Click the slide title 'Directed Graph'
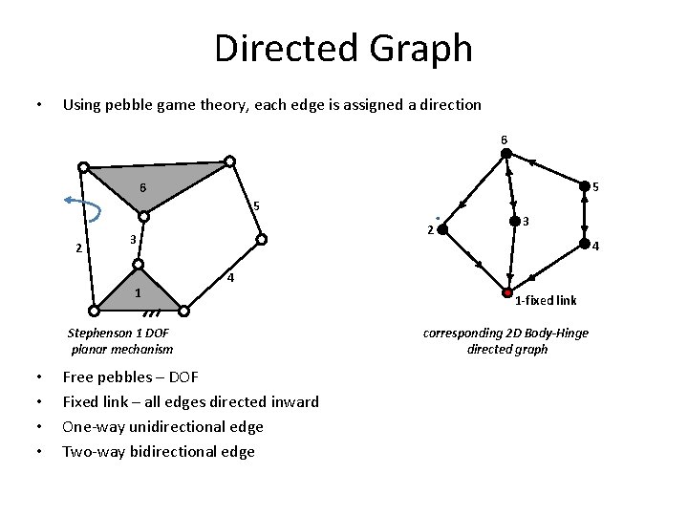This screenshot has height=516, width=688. [343, 48]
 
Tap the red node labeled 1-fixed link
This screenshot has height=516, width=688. [507, 291]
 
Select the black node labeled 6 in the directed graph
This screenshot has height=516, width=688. [505, 154]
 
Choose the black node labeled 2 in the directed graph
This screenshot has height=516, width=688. [442, 229]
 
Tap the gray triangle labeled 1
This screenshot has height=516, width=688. [138, 293]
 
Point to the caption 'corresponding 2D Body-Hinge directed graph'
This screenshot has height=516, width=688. [506, 341]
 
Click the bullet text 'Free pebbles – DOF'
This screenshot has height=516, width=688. [130, 377]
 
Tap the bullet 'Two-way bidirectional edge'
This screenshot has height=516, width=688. [159, 451]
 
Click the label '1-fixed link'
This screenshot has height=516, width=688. [546, 301]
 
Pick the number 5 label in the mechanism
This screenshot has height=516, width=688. [255, 206]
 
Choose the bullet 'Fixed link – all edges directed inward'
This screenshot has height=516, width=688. [190, 401]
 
